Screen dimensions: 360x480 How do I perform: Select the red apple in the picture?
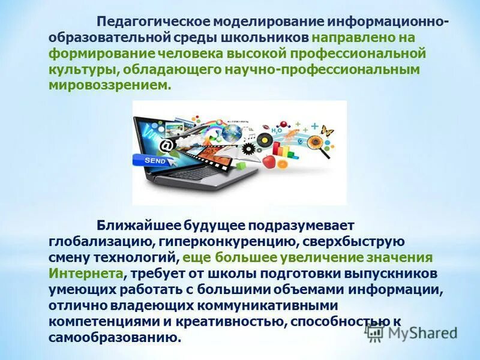pos(269,161)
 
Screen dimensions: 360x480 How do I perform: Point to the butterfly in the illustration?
pos(327,130)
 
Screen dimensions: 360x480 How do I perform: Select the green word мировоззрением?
pos(109,86)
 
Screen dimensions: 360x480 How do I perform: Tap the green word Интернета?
pos(87,273)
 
